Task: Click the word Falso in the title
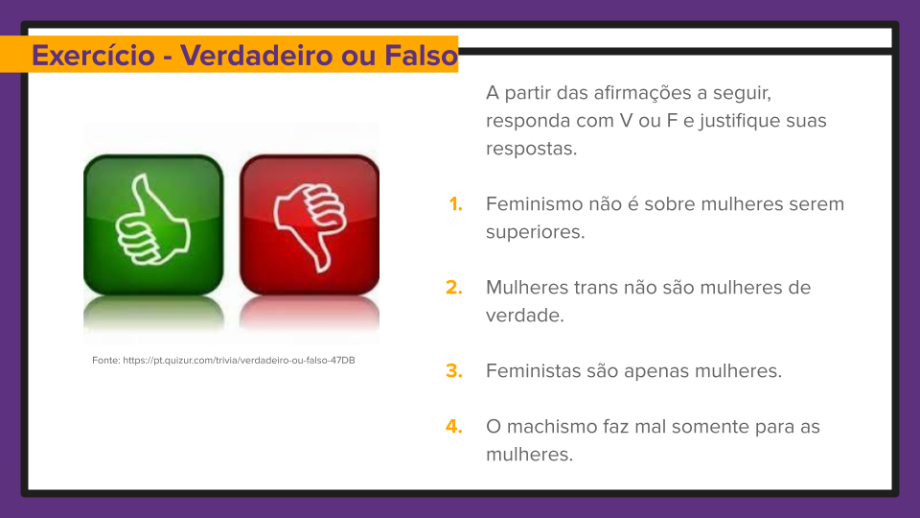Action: pyautogui.click(x=421, y=56)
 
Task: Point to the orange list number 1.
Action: pyautogui.click(x=455, y=203)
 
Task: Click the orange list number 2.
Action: pyautogui.click(x=454, y=287)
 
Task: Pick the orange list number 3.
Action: pyautogui.click(x=454, y=370)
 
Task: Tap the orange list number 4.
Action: pyautogui.click(x=454, y=426)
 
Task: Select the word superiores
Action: pyautogui.click(x=535, y=231)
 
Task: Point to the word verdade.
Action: pyautogui.click(x=524, y=315)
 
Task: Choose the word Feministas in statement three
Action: pyautogui.click(x=533, y=370)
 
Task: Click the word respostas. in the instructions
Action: pyautogui.click(x=531, y=150)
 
